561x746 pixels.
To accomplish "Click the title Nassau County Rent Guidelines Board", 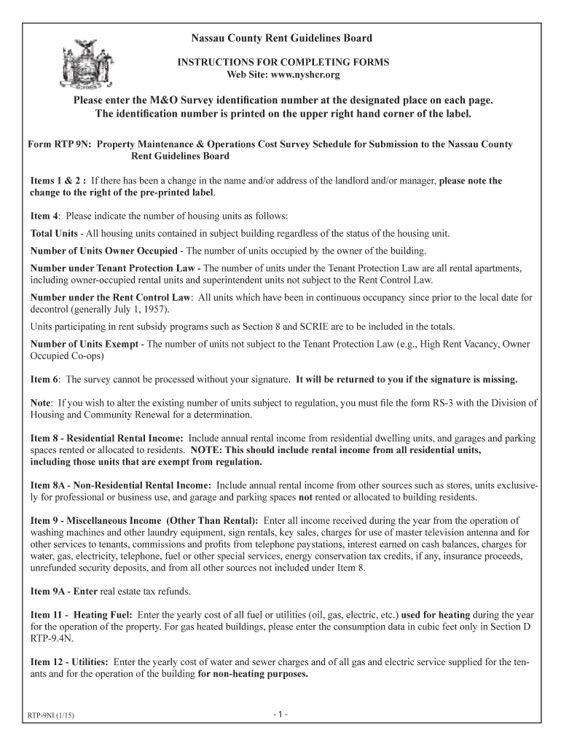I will coord(282,38).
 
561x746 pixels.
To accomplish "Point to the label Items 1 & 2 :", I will coord(59,180).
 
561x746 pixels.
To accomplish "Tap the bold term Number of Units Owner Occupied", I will coord(103,251).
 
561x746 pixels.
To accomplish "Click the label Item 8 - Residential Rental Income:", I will coord(107,439).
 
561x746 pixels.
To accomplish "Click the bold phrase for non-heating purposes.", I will coord(253,674).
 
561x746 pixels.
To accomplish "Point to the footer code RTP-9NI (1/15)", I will coord(52,715).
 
